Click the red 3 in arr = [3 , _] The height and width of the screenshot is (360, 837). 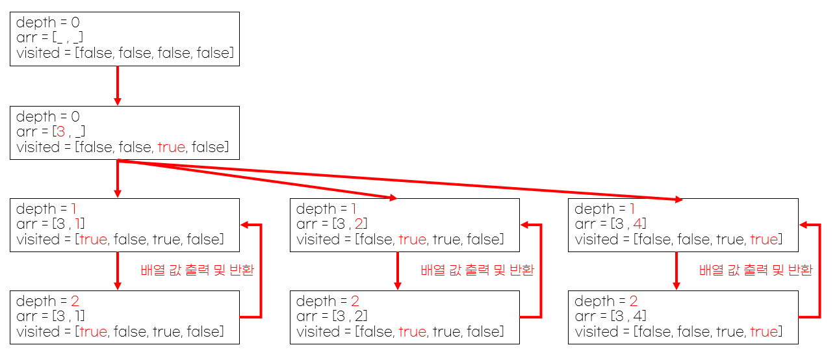(x=60, y=132)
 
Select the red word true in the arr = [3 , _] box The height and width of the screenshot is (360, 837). (x=171, y=148)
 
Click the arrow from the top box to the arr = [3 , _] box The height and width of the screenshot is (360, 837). (x=118, y=85)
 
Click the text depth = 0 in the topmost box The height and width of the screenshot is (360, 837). (x=48, y=23)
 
